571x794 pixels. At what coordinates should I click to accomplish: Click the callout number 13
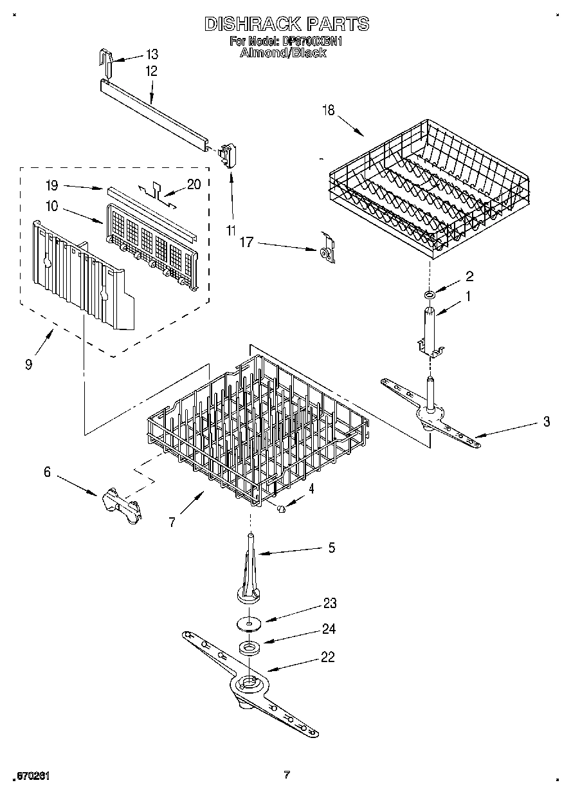click(152, 54)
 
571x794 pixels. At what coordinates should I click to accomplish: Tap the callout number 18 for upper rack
click(329, 111)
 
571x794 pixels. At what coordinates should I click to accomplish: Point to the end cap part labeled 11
click(227, 153)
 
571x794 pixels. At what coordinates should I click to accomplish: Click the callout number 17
click(247, 243)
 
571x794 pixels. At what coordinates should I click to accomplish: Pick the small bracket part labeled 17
click(327, 250)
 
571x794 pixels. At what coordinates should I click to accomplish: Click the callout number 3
click(546, 422)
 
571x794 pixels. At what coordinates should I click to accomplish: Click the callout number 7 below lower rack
click(172, 522)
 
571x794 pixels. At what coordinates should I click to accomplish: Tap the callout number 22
click(329, 658)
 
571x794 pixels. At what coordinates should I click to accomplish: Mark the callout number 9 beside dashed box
click(29, 364)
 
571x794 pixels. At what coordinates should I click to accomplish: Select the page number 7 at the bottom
click(287, 775)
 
